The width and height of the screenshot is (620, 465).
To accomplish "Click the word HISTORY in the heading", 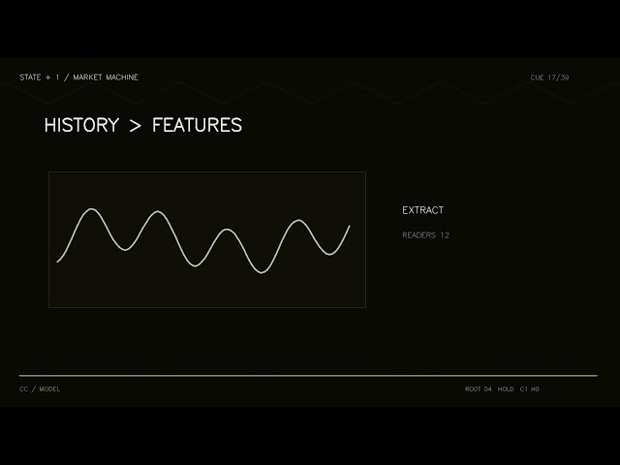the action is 81,125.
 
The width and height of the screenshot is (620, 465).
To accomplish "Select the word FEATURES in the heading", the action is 197,125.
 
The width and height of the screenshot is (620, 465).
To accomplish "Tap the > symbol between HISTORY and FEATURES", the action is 136,126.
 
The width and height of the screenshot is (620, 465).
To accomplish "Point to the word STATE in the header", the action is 30,77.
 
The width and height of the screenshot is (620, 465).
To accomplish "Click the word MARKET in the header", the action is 87,77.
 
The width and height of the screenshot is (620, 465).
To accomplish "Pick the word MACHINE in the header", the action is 122,77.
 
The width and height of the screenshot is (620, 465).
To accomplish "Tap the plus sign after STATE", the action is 48,77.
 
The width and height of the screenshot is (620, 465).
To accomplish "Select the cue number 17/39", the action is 558,77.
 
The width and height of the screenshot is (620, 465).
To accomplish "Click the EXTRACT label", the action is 422,210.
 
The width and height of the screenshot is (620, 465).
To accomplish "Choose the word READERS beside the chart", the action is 419,235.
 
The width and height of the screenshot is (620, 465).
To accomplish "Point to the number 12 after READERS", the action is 445,235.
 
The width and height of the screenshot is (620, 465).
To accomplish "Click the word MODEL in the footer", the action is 49,389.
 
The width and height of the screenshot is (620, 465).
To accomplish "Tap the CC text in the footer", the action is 23,389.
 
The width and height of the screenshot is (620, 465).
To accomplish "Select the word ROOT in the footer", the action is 473,389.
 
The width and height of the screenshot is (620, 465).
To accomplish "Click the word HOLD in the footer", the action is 506,389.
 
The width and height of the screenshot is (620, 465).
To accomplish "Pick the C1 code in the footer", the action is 523,389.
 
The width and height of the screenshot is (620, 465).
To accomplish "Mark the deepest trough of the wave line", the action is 262,273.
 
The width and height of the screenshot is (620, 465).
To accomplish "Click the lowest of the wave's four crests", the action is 227,230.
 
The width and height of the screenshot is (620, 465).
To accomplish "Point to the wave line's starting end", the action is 58,262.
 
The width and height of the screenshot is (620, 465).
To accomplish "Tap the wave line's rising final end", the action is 350,226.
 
